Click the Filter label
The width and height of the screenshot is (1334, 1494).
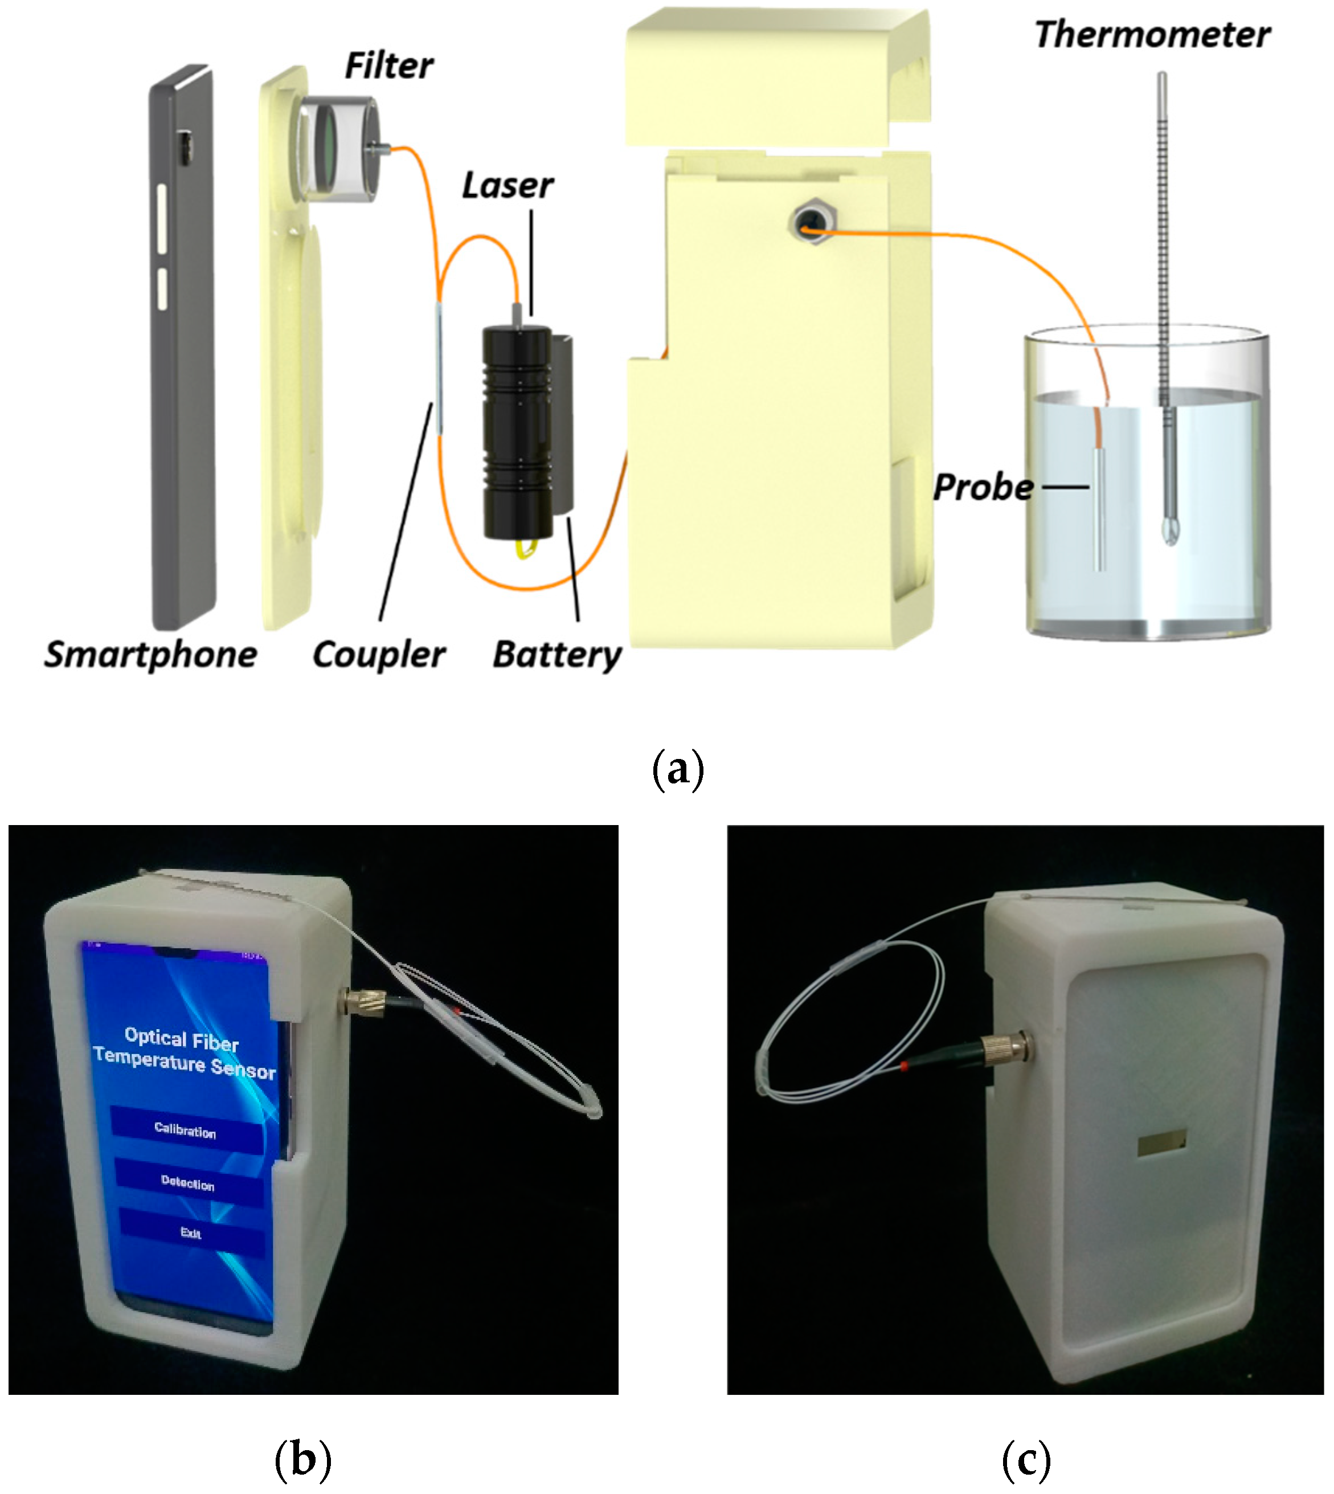pyautogui.click(x=388, y=66)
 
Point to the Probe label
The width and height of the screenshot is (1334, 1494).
pyautogui.click(x=983, y=488)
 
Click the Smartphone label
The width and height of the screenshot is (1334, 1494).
pyautogui.click(x=150, y=654)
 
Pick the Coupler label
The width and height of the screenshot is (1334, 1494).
pyautogui.click(x=378, y=654)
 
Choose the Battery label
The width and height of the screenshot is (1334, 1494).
pyautogui.click(x=557, y=654)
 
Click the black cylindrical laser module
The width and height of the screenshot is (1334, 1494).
pyautogui.click(x=517, y=432)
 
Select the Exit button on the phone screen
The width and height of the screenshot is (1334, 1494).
pyautogui.click(x=191, y=1233)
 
